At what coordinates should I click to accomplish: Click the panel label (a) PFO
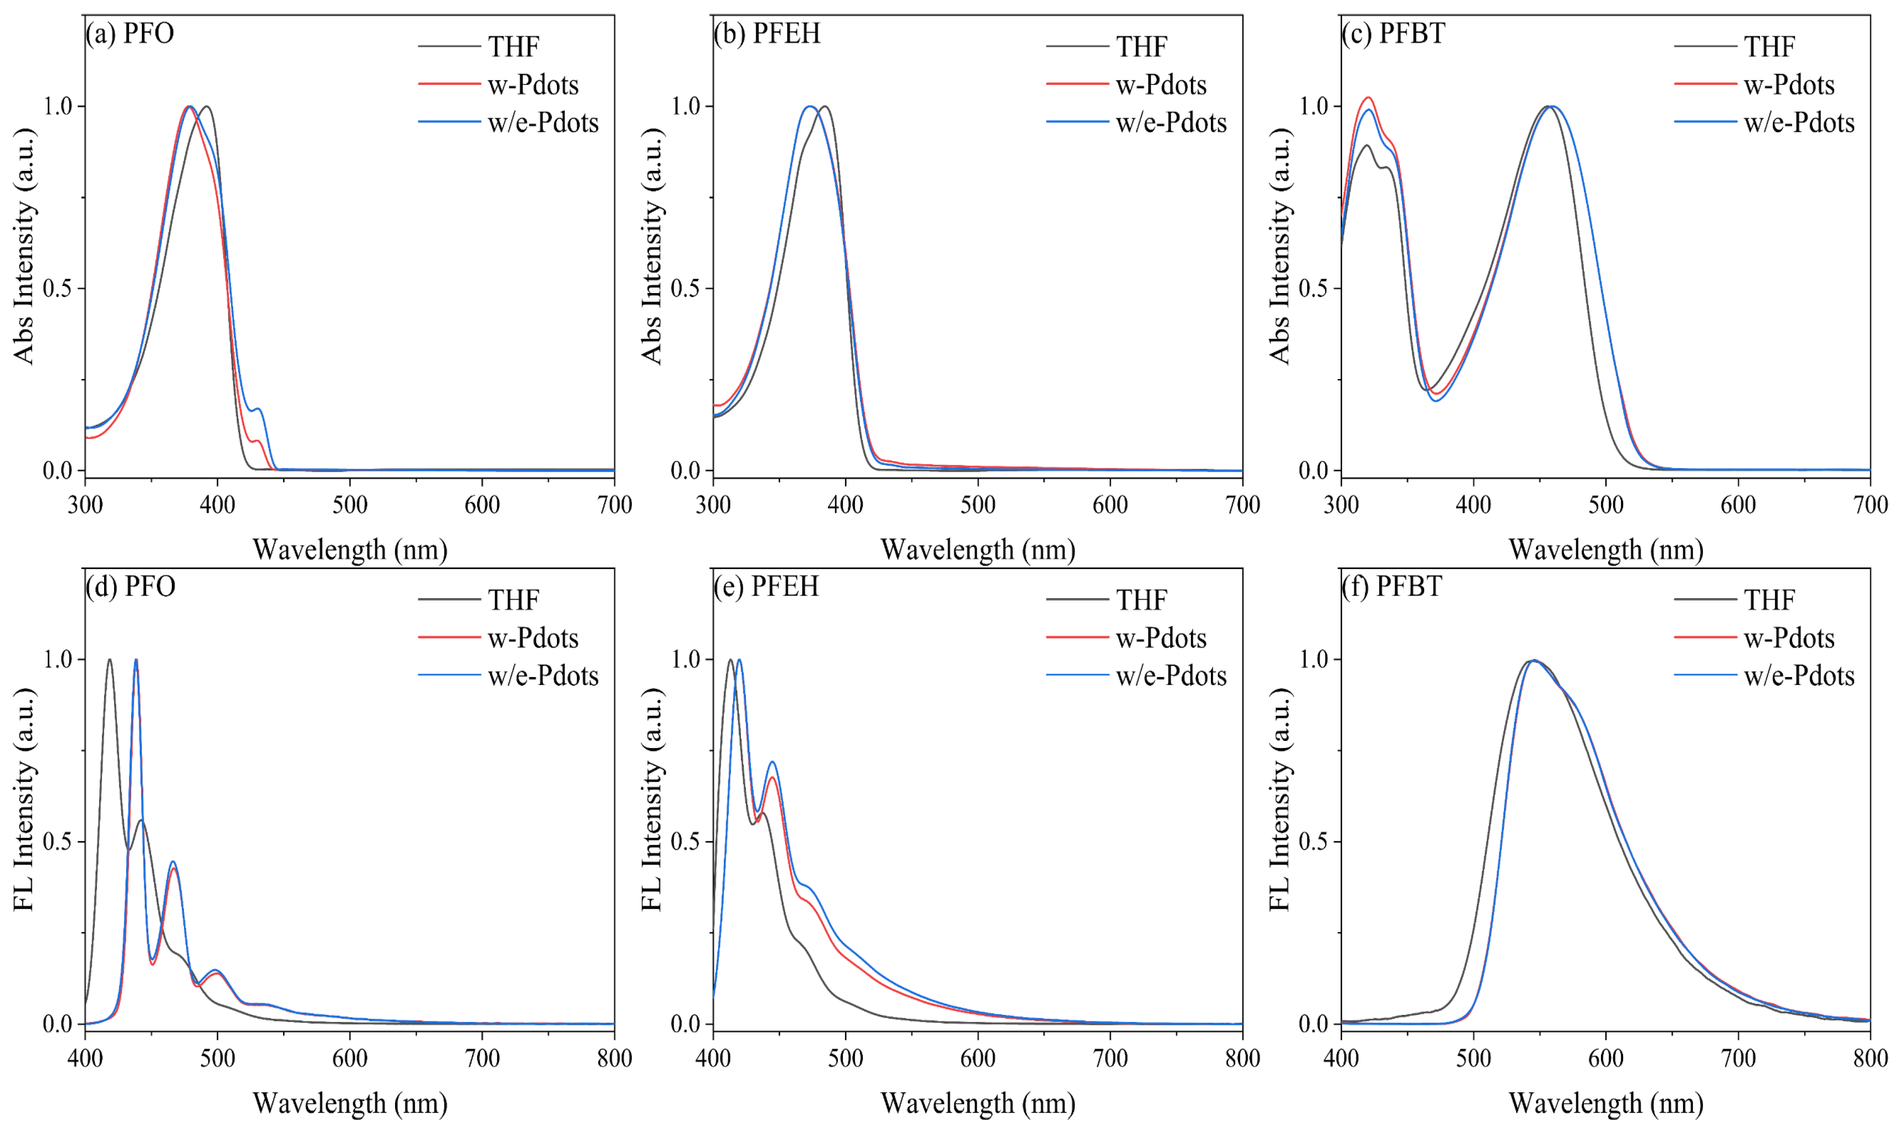click(x=130, y=34)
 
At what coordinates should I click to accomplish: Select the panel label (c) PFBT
click(x=1393, y=34)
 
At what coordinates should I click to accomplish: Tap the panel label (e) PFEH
click(x=766, y=586)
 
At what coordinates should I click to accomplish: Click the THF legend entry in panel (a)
click(x=479, y=46)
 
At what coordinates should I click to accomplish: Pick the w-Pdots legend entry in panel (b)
click(x=1127, y=84)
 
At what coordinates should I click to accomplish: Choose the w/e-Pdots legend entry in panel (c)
click(x=1765, y=123)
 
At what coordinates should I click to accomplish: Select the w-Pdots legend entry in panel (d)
click(x=499, y=638)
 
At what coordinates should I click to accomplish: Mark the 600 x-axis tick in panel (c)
click(x=1738, y=504)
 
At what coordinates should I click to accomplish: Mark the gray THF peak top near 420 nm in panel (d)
click(x=110, y=660)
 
